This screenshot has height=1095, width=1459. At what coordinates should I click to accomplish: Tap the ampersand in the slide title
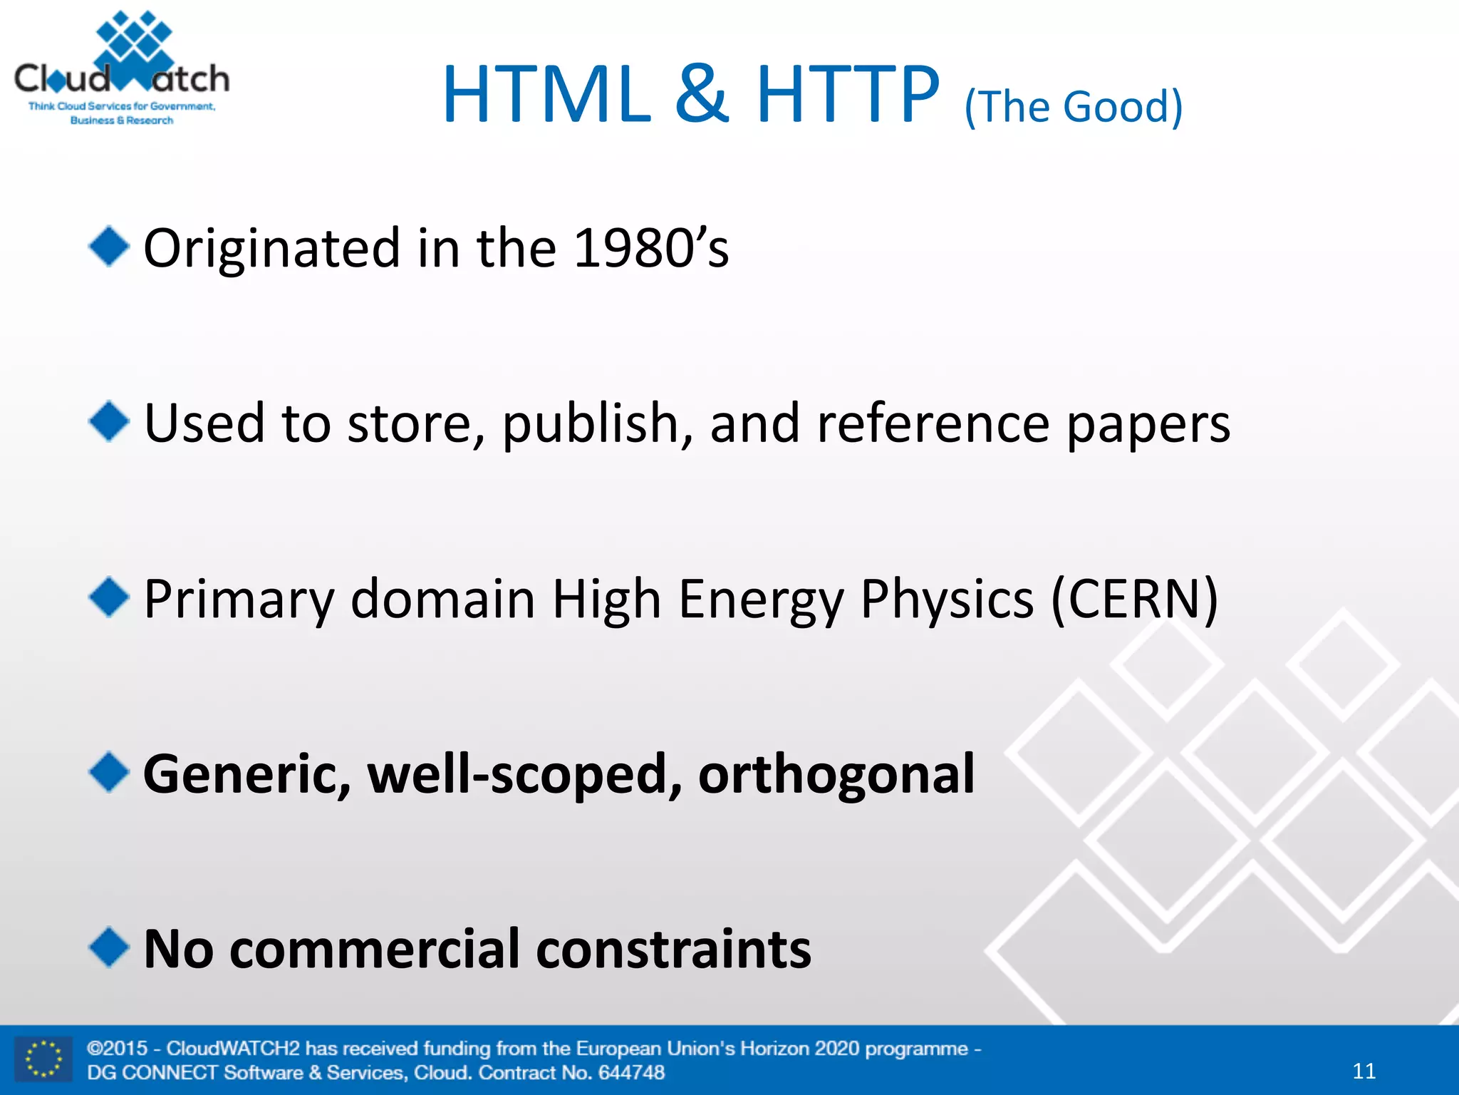[x=702, y=95]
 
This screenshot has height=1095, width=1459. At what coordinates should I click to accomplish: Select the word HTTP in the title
[x=848, y=95]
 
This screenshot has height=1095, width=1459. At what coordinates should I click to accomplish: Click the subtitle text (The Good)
[x=1073, y=107]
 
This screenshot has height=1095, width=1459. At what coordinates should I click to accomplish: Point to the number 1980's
[x=651, y=248]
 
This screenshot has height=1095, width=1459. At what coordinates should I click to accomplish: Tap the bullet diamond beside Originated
[x=109, y=247]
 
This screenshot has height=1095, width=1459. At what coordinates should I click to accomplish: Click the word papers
[x=1148, y=424]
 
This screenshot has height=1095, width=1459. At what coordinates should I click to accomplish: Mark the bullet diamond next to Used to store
[x=109, y=422]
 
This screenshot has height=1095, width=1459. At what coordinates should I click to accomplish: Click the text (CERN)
[x=1134, y=599]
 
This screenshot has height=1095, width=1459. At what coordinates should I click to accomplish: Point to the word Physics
[x=947, y=599]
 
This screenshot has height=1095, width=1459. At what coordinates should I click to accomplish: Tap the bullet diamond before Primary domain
[x=109, y=597]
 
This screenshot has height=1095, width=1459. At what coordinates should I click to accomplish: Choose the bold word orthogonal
[x=836, y=774]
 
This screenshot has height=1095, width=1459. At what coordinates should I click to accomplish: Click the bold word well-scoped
[x=524, y=774]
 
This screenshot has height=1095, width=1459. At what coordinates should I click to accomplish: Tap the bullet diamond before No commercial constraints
[x=109, y=947]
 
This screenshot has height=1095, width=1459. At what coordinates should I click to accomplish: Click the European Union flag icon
[x=43, y=1059]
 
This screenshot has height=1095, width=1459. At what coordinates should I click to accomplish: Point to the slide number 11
[x=1364, y=1071]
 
